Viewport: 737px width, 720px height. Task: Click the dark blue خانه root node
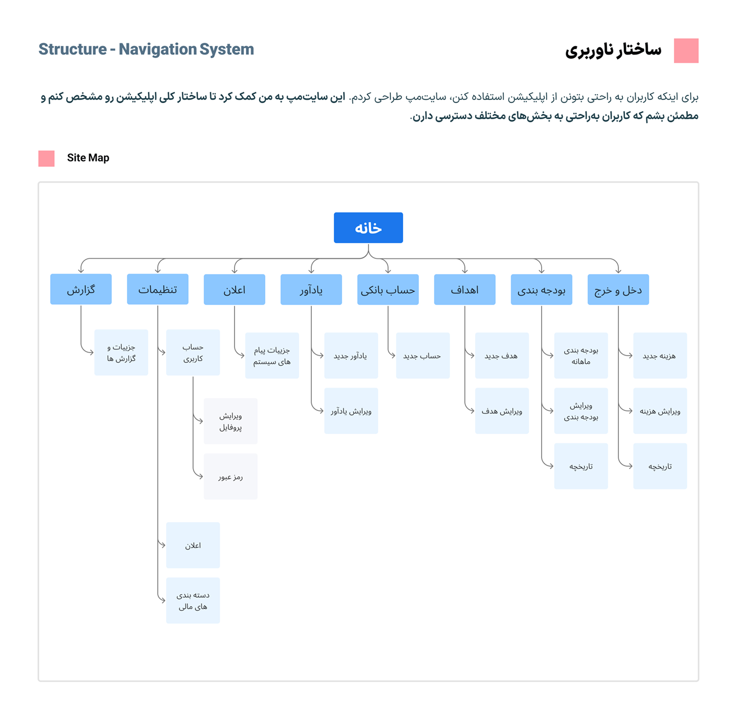point(368,228)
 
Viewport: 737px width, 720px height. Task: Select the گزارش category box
point(81,289)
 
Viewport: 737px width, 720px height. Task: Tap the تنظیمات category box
point(158,289)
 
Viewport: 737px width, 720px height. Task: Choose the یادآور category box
point(311,290)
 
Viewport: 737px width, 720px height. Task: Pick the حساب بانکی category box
point(388,290)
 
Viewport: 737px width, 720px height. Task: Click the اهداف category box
point(465,290)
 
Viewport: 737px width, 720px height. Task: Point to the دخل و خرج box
point(618,290)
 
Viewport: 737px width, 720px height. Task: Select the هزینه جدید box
point(660,355)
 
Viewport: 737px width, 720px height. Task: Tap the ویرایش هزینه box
point(660,411)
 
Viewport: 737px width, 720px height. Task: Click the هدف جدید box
point(502,355)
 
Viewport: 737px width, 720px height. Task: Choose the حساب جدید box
point(423,355)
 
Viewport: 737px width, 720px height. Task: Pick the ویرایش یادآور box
point(351,411)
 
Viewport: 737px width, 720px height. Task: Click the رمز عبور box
point(231,476)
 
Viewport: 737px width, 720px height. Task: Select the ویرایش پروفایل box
point(231,421)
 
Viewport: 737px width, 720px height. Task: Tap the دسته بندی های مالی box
point(193,600)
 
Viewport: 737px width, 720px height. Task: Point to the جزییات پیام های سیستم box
point(272,355)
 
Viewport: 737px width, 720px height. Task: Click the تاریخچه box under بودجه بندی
point(581,466)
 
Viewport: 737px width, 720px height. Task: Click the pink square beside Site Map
point(46,158)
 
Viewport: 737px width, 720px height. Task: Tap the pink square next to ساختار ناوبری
point(686,51)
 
